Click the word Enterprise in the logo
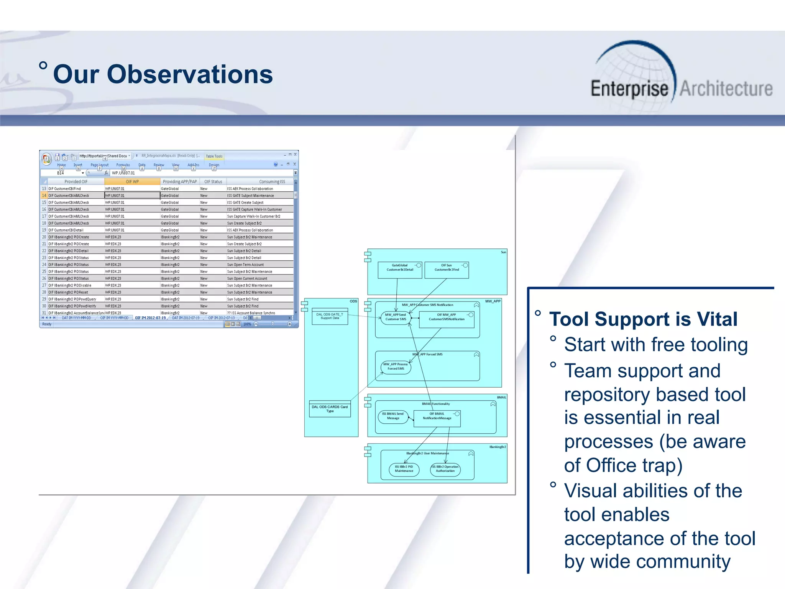pos(629,89)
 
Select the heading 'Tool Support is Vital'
pos(643,319)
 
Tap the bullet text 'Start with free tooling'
pos(656,344)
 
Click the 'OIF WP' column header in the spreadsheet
pos(132,182)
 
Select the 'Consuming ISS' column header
pos(272,182)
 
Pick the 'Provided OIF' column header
pos(76,182)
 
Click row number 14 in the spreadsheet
pos(44,196)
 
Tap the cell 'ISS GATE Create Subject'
pos(245,202)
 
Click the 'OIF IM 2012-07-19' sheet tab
pos(150,318)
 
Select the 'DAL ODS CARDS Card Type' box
pos(330,409)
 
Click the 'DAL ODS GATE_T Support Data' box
pos(330,316)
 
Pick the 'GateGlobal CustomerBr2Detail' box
pos(399,270)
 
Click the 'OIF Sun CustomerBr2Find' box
pos(447,270)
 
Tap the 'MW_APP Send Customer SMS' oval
pos(396,317)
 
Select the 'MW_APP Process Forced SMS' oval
pos(396,367)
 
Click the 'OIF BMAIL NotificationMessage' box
pos(437,418)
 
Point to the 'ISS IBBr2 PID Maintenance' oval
pos(404,469)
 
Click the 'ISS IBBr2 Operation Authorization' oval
pos(445,469)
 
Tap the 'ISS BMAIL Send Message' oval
pos(393,416)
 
